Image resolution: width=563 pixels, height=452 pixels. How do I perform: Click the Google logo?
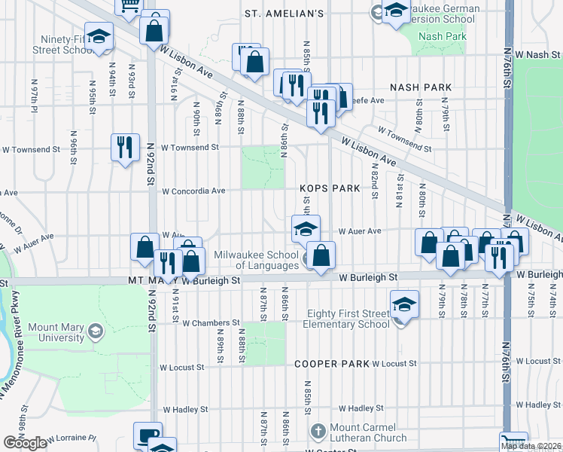point(25,443)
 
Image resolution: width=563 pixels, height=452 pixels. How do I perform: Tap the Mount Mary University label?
point(54,333)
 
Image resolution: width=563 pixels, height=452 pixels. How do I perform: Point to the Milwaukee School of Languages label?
point(256,260)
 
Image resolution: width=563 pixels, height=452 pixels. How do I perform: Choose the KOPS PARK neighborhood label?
point(330,188)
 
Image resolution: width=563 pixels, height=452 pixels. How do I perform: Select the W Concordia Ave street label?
point(193,191)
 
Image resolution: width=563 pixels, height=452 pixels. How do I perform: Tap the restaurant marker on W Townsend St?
point(125,146)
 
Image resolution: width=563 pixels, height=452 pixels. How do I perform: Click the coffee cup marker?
point(147,435)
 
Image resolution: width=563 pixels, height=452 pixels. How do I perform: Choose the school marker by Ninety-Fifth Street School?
point(99,38)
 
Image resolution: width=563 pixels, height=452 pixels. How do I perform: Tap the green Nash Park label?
point(443,36)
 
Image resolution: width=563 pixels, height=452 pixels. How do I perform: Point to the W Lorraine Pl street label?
point(72,438)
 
